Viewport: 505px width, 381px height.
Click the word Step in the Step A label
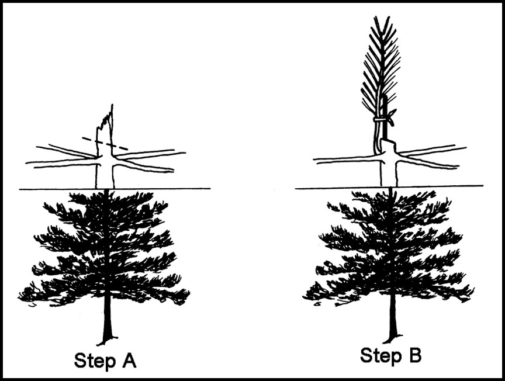(94, 361)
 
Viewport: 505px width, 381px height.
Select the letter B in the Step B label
(414, 355)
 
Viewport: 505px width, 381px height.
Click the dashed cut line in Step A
(105, 144)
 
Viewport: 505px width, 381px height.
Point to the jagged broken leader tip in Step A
(106, 117)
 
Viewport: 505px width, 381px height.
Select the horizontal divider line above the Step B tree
(389, 187)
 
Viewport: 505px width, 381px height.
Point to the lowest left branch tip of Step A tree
(20, 297)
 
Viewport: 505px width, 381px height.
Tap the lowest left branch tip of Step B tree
(304, 296)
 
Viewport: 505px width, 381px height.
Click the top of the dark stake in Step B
(385, 96)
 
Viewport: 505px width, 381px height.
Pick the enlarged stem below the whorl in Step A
(105, 174)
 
